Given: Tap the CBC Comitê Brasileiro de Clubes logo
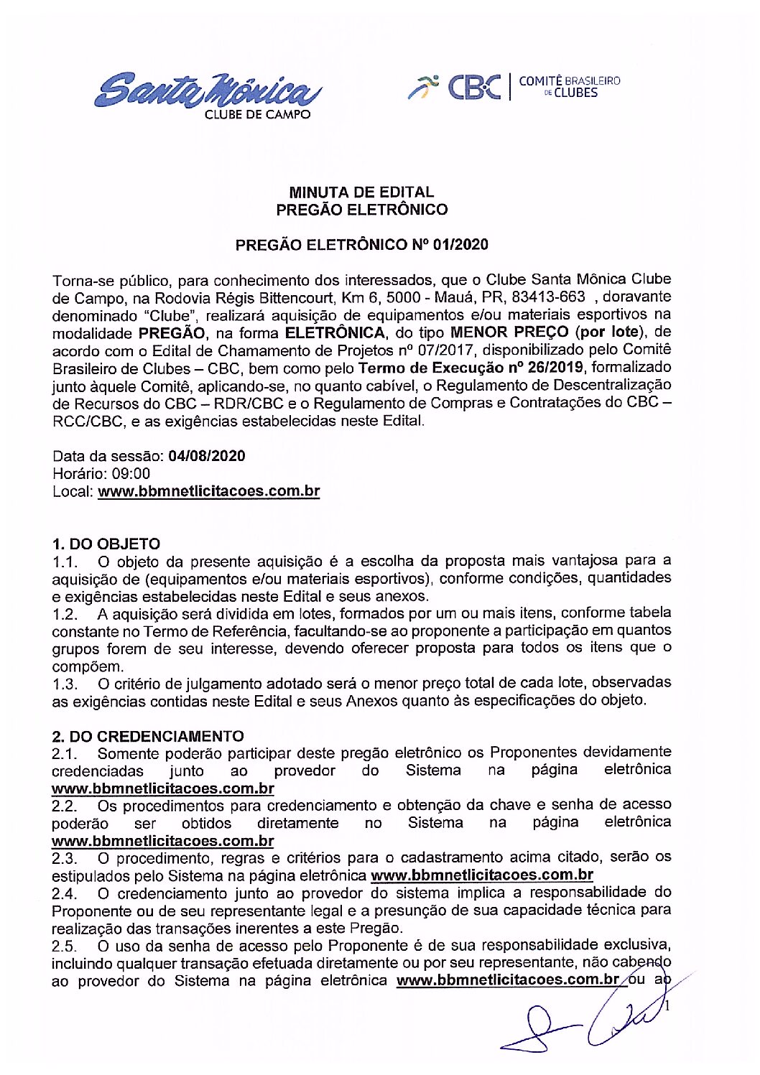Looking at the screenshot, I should pos(514,86).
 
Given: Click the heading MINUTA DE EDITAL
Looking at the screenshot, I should pos(361,192).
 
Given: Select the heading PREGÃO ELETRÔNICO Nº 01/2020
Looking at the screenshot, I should pos(361,245).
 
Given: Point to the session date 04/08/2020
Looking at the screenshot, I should pos(207,456).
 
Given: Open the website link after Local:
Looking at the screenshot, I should pos(208,492).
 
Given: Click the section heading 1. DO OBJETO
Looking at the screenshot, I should pos(106,544).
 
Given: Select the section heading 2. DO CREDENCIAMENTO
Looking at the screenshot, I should pos(147,736).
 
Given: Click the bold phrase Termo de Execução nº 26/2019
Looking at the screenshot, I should pos(471,368).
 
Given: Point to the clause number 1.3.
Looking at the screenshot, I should pos(65,684).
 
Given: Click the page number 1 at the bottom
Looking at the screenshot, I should pos(668,1007).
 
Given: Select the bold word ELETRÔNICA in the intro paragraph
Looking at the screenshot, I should pos(335,333).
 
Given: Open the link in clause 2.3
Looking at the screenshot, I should pos(481,875).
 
